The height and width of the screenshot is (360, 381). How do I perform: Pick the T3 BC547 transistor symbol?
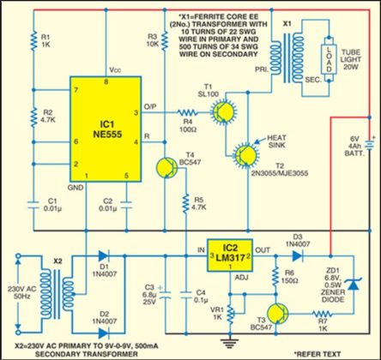click(277, 312)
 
